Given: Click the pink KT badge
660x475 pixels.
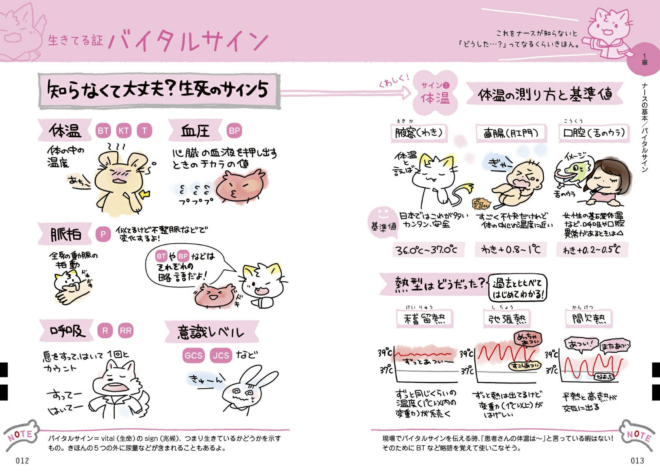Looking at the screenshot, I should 124,131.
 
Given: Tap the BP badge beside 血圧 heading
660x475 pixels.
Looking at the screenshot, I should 234,131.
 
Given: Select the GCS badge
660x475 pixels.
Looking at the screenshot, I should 193,355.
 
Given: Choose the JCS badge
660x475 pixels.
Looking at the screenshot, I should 221,355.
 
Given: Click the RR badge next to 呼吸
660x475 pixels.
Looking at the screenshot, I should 126,330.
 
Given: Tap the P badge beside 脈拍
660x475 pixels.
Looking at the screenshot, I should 103,234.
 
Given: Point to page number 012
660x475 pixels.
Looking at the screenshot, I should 22,461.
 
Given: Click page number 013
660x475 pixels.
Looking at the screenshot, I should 637,461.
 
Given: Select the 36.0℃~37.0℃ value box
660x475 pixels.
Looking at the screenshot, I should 426,250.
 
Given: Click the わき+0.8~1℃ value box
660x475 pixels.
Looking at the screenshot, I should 511,249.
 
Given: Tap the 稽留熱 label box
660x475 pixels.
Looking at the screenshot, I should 424,318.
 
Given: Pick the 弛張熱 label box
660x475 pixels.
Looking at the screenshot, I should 507,318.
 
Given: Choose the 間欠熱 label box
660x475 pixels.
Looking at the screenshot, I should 589,318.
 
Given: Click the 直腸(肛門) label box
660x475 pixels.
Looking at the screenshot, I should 511,133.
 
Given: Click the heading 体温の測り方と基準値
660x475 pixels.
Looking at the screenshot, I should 544,95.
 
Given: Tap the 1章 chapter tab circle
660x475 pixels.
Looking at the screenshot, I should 644,59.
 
